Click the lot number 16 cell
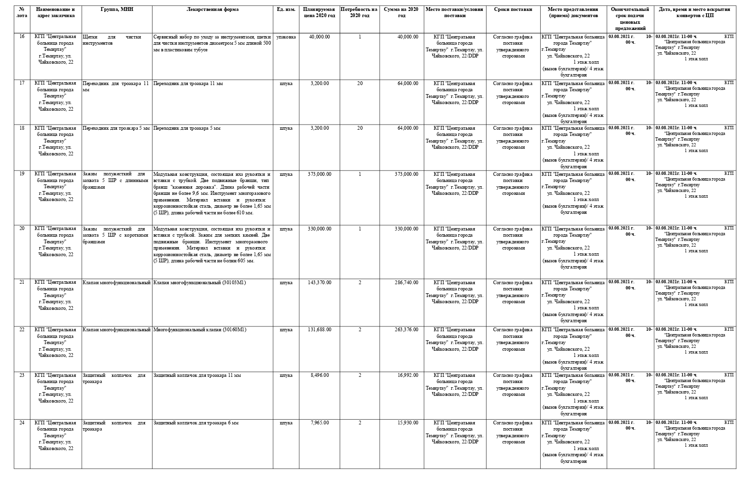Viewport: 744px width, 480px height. pos(22,37)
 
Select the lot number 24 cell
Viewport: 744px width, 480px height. pos(22,423)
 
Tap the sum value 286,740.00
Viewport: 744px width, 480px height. pos(406,283)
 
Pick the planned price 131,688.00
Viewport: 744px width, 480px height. pos(319,330)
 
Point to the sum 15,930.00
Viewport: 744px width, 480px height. pos(408,423)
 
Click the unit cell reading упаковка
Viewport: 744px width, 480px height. pos(286,37)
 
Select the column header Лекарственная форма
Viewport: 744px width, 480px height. pos(212,10)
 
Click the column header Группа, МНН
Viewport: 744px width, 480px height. pos(117,10)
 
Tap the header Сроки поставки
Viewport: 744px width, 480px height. pos(513,10)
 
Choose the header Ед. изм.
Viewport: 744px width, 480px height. pos(286,10)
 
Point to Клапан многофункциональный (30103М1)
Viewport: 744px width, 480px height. pos(200,283)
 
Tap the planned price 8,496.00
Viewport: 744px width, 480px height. pos(320,375)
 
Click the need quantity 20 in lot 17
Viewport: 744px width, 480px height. pos(360,84)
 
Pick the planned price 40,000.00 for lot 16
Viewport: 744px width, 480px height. pos(319,37)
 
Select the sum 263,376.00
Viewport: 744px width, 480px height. pos(406,330)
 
